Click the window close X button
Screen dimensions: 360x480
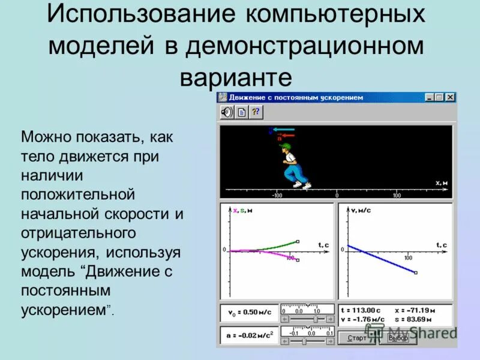[450, 97]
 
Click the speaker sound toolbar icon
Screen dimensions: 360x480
[226, 112]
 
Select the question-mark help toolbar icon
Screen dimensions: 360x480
[256, 112]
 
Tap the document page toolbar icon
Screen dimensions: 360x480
[241, 112]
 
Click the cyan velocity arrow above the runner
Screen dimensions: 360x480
[283, 128]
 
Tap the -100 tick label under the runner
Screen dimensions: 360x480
[277, 196]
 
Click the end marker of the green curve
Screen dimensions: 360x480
[298, 242]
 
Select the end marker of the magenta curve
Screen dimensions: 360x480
[298, 260]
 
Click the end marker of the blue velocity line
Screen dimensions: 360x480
[416, 273]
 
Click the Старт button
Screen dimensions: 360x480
[356, 338]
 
